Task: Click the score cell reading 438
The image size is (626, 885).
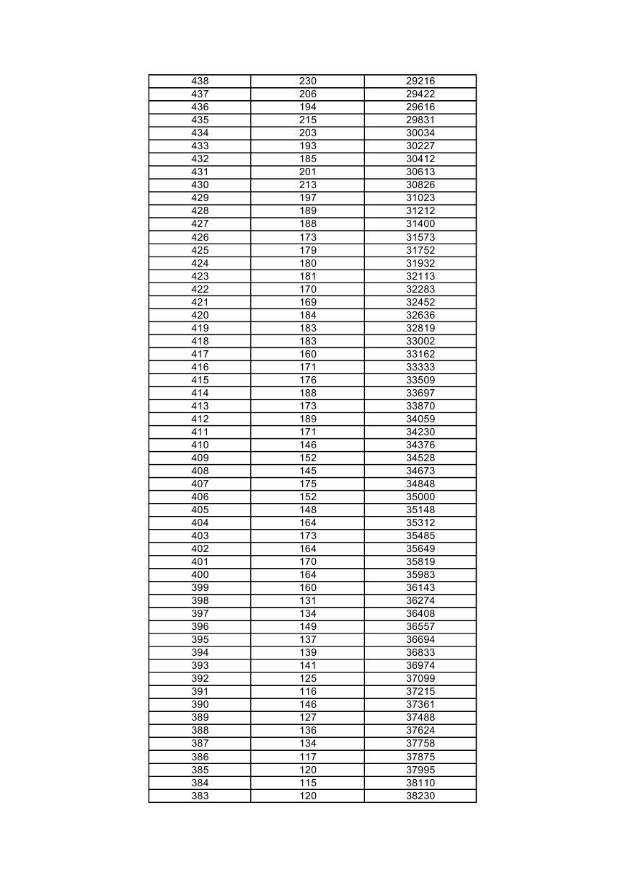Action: click(200, 81)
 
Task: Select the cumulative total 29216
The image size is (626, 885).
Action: click(420, 81)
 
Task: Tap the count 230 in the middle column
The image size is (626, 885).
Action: click(308, 81)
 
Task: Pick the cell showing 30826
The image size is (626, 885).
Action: click(420, 185)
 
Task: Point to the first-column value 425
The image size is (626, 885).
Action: click(200, 250)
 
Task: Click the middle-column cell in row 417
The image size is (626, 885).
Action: click(308, 354)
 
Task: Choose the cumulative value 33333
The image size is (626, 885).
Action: click(420, 367)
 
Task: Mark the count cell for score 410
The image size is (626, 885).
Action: click(308, 445)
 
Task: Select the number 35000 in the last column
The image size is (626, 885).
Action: click(420, 497)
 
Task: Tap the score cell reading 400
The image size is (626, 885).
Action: click(200, 574)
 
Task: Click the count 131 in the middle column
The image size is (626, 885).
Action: click(308, 600)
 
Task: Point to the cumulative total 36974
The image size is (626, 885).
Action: click(420, 665)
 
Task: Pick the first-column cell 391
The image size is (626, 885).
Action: click(200, 691)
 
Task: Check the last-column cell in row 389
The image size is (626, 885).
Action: click(420, 717)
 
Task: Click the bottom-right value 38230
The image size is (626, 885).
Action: click(420, 796)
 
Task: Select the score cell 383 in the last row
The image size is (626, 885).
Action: click(200, 796)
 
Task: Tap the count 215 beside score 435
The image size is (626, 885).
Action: click(308, 120)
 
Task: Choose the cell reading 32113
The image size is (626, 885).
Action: click(420, 276)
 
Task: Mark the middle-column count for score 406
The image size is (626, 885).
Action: click(308, 497)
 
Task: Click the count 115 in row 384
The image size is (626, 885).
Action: click(308, 783)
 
